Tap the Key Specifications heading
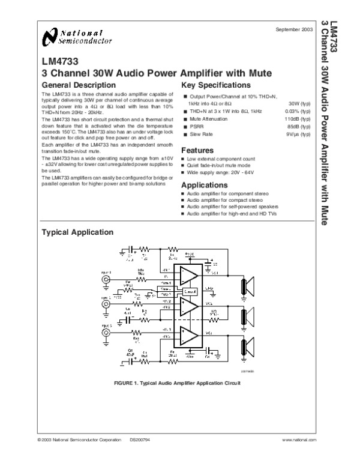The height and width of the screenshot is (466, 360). tap(216, 85)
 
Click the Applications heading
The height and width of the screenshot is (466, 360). tap(204, 185)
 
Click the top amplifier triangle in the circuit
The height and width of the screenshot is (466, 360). tap(188, 276)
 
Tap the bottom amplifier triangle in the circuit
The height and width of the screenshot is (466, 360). tap(188, 335)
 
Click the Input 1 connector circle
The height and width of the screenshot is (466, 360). tap(106, 279)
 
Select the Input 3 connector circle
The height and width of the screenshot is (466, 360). tap(106, 332)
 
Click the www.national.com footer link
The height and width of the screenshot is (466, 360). tap(298, 440)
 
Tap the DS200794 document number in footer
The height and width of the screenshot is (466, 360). tap(139, 440)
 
